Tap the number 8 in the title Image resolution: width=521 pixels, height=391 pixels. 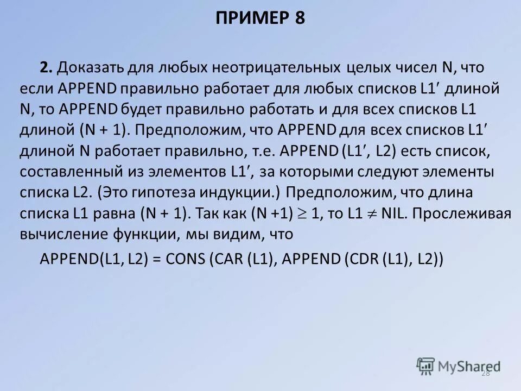point(300,18)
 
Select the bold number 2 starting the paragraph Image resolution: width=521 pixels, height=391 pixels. point(45,68)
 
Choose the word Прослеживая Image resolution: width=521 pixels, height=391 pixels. point(463,213)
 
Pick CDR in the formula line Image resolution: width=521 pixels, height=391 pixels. point(363,260)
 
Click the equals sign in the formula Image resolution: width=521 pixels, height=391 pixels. point(156,260)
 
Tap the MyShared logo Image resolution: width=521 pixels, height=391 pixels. point(459,366)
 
